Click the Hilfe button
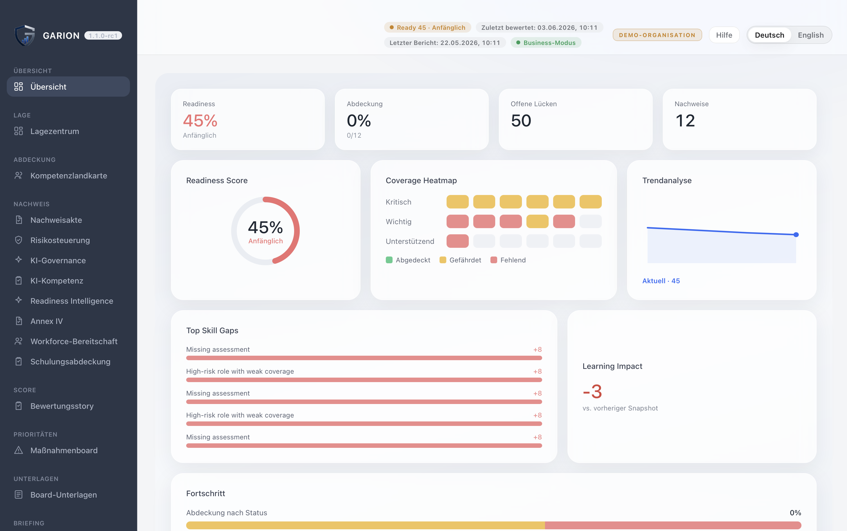click(724, 35)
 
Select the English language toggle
click(810, 35)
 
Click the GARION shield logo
click(24, 35)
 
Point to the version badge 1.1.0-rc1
click(103, 35)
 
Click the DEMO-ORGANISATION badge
click(657, 35)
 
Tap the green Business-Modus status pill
click(546, 43)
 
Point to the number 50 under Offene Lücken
click(521, 121)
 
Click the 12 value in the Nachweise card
click(685, 121)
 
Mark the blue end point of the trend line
click(796, 235)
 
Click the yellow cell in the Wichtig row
click(537, 222)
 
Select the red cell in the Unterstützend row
click(458, 241)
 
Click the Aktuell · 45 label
click(661, 281)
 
